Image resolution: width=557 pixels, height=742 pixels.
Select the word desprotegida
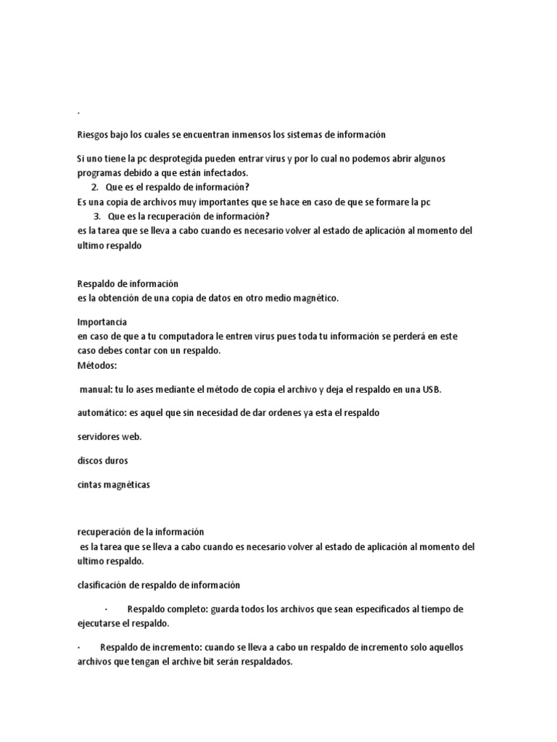tap(181, 159)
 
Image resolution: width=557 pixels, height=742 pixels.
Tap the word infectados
tap(223, 172)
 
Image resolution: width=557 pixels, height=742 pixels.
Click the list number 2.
tap(95, 187)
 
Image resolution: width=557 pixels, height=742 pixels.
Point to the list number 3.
tap(96, 216)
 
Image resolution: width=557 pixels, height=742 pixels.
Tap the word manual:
tap(95, 389)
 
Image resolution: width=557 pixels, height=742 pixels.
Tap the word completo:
tap(189, 609)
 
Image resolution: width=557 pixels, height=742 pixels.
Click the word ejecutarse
tap(102, 623)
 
